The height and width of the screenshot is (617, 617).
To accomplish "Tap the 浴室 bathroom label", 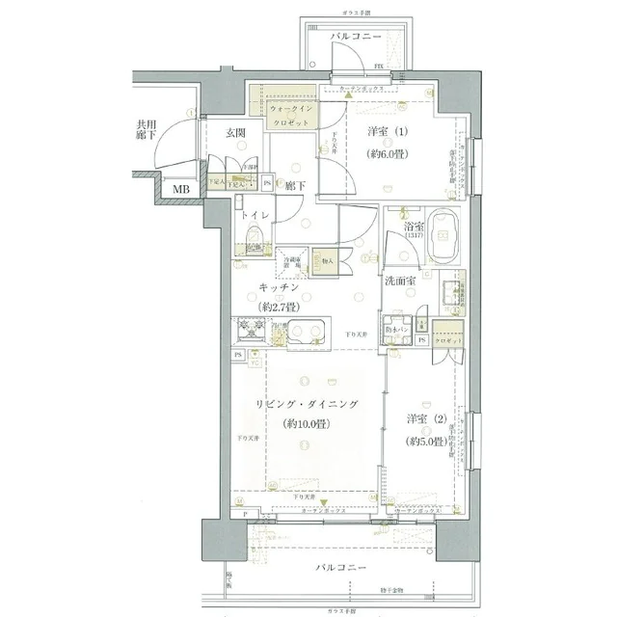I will [415, 228].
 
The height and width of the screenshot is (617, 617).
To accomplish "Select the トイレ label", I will [256, 216].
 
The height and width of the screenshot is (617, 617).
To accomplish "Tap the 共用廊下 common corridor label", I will [147, 130].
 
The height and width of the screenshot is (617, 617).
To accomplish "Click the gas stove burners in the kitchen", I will [249, 331].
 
